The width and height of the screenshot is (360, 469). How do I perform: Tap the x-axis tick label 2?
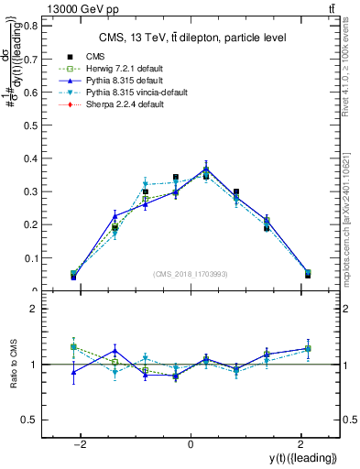[300, 444]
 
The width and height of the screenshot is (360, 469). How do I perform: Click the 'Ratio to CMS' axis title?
[13, 365]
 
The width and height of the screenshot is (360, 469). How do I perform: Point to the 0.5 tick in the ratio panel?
[30, 420]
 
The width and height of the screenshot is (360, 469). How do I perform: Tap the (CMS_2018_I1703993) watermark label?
[190, 274]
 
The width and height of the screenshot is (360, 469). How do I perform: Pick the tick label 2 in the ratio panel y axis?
[33, 310]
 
